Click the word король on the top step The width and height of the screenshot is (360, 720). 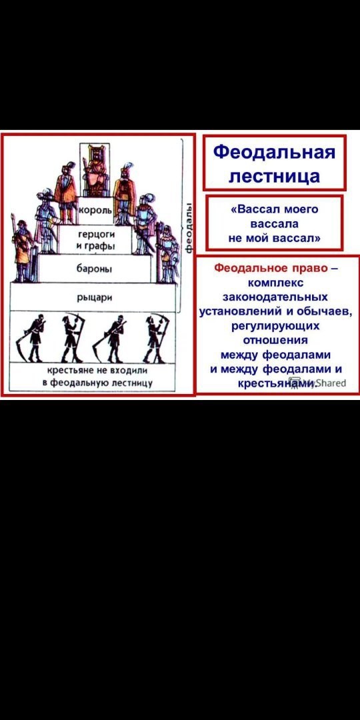point(95,210)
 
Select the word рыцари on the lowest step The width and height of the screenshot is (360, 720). point(95,297)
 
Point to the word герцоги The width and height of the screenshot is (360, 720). point(95,235)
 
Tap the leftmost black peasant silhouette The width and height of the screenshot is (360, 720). point(32,339)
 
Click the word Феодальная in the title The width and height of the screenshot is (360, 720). point(275,152)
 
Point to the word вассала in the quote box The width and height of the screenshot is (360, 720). point(275,224)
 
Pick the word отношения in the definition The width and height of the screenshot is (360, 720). point(275,340)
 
